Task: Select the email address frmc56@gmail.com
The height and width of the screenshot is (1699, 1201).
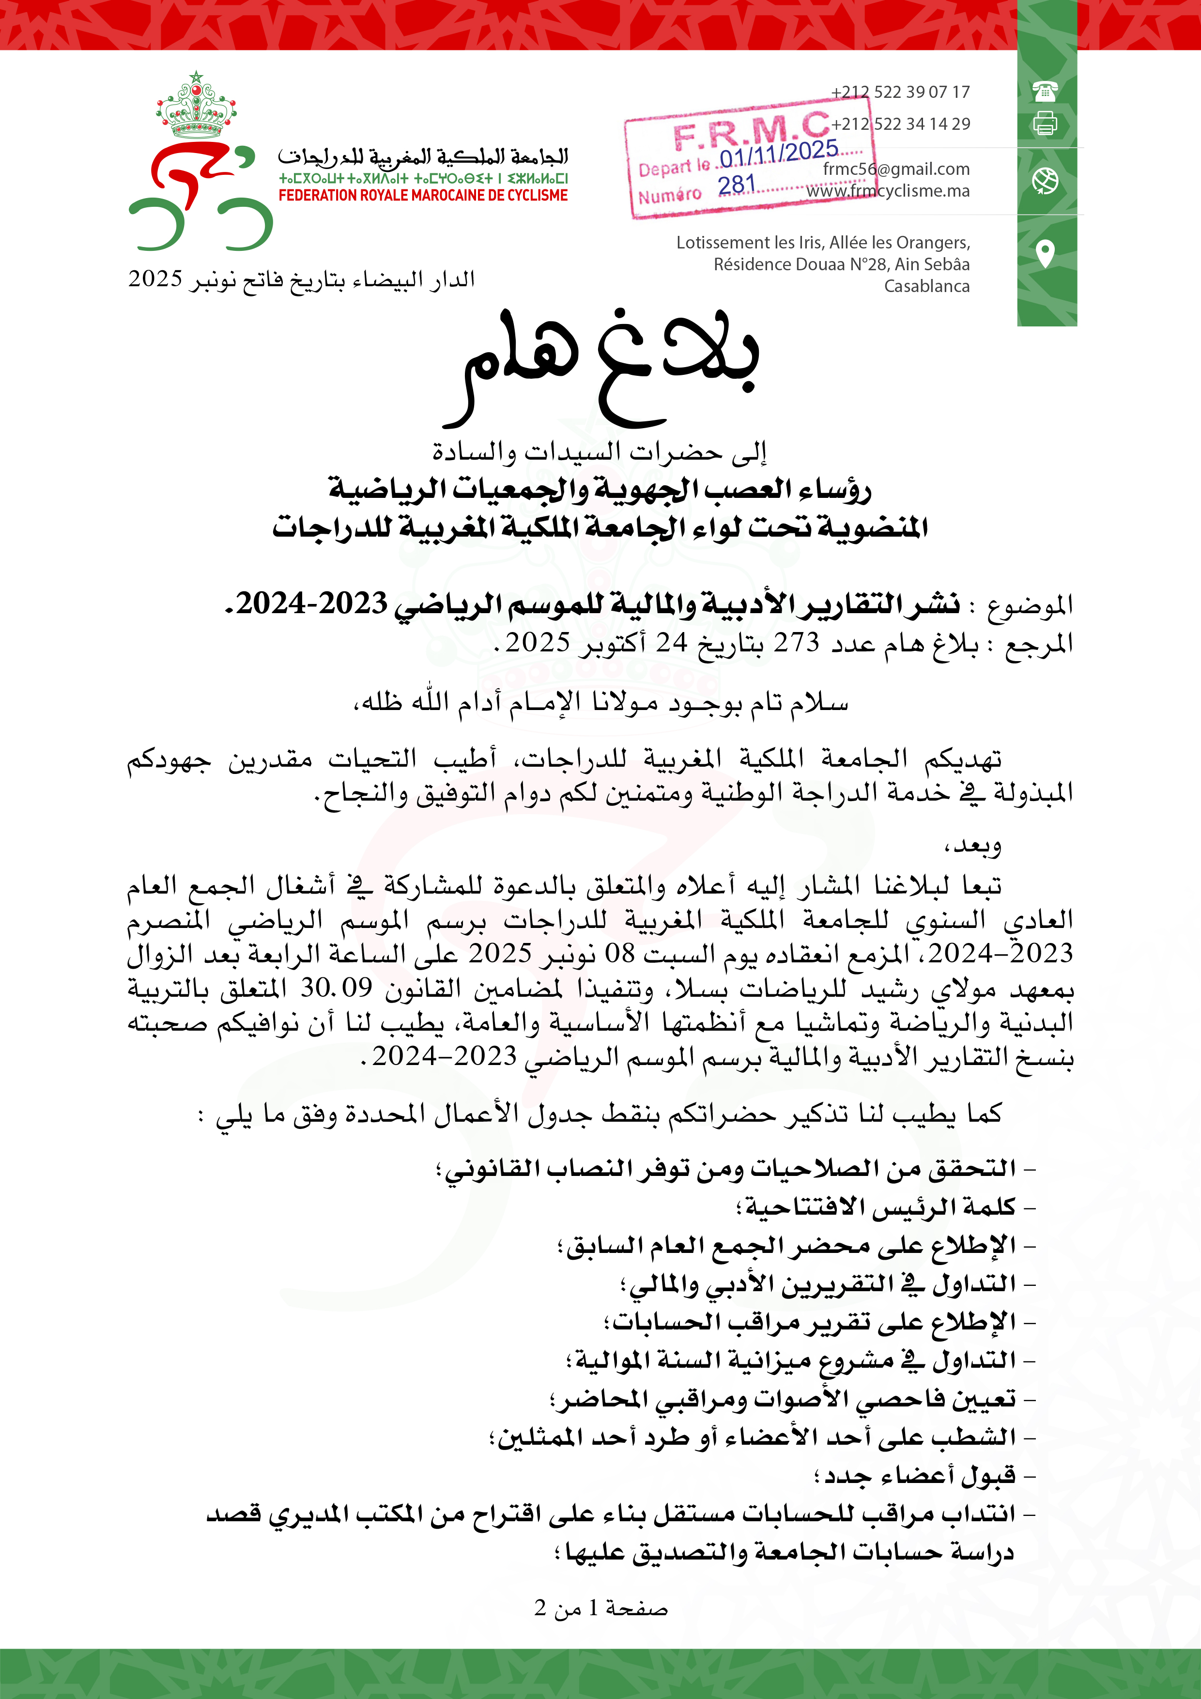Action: click(x=895, y=170)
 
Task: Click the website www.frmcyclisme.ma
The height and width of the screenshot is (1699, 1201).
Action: click(x=888, y=191)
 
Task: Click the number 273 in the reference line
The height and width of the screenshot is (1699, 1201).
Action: click(x=796, y=642)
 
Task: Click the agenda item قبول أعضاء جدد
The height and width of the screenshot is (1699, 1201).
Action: click(x=919, y=1476)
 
